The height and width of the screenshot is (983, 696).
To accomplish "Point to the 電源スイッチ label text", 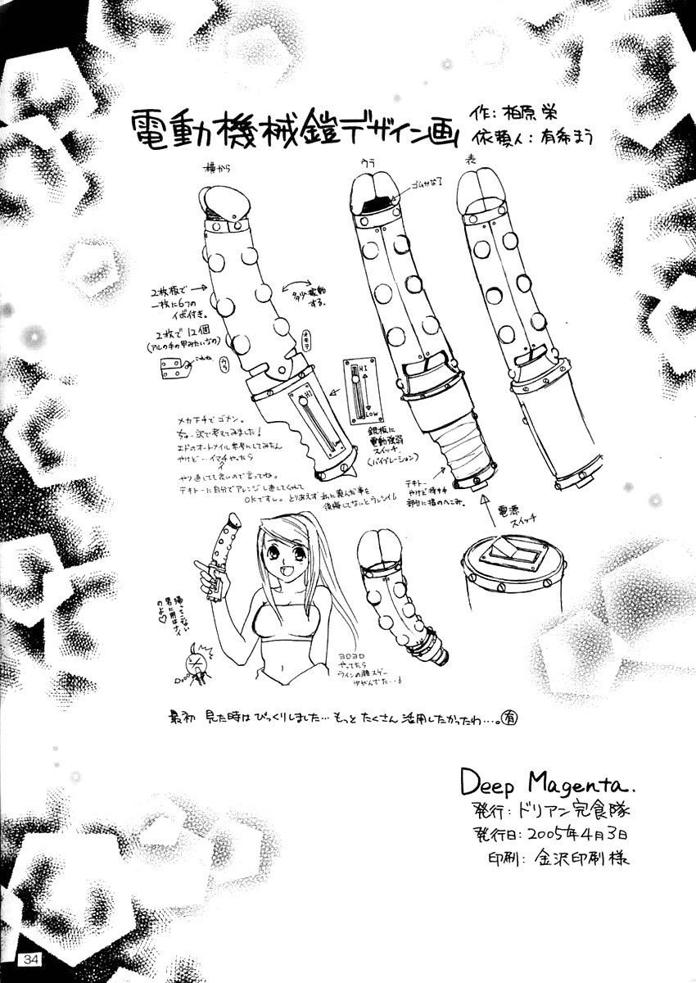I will (x=513, y=514).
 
